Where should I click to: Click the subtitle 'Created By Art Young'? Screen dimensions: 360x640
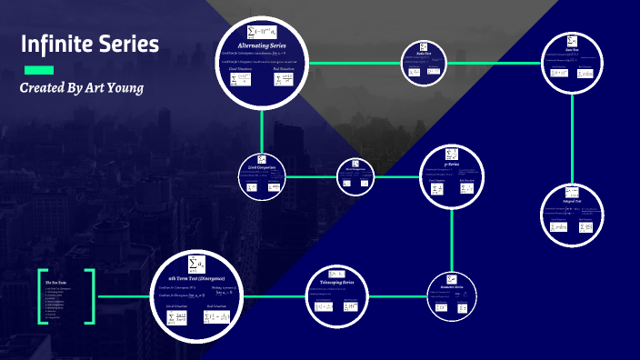(82, 88)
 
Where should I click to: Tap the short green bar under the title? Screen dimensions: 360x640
(38, 70)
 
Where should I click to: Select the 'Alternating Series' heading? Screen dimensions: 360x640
(261, 45)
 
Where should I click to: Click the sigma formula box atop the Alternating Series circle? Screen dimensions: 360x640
(262, 31)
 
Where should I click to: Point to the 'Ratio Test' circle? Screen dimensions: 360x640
(424, 63)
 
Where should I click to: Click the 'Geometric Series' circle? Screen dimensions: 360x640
(451, 296)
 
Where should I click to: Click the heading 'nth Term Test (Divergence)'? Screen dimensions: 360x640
(197, 276)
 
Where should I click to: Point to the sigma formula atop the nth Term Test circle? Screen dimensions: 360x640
(195, 262)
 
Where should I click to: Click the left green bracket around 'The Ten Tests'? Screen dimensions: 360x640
(41, 296)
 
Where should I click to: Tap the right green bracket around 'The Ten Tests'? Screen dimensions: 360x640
(91, 296)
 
